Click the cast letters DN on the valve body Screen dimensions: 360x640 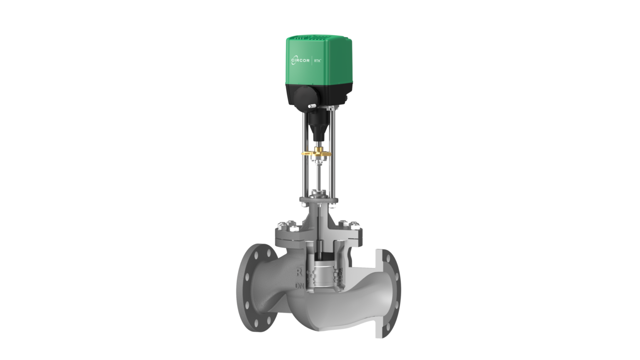(x=299, y=286)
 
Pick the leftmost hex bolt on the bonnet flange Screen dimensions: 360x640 (x=281, y=227)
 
